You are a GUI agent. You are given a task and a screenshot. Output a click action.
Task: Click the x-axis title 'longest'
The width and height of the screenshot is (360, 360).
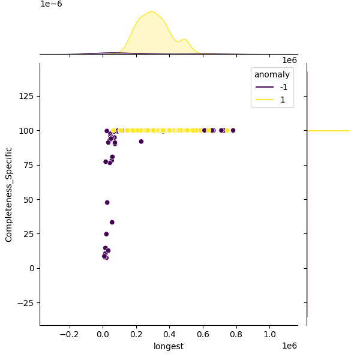click(x=169, y=346)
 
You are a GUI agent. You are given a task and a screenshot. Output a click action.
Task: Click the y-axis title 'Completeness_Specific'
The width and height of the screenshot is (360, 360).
click(x=9, y=194)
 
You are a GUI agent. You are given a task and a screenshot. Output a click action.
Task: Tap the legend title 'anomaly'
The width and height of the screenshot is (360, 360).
click(x=272, y=74)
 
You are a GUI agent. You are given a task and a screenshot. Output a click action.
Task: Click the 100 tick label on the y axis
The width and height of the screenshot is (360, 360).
click(x=28, y=131)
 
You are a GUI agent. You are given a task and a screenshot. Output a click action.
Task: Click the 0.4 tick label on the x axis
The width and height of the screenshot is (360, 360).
click(x=170, y=334)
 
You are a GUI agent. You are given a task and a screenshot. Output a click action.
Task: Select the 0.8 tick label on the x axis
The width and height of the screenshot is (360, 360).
click(x=236, y=334)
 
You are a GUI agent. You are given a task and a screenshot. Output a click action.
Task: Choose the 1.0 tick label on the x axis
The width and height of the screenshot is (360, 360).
click(x=270, y=334)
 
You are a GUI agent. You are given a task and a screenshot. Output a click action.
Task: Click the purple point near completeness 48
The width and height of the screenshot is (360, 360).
click(x=107, y=202)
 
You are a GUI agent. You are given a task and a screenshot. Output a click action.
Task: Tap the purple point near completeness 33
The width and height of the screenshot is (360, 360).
click(x=112, y=222)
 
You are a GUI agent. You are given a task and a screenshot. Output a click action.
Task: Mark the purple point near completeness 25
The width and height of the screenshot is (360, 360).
click(x=106, y=234)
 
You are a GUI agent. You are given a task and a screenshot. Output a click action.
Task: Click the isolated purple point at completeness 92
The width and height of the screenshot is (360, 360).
click(x=141, y=142)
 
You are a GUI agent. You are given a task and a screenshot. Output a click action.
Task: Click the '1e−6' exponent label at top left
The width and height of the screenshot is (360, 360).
click(x=51, y=4)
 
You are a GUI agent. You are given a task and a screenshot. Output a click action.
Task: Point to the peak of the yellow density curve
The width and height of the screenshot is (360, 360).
click(x=152, y=11)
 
